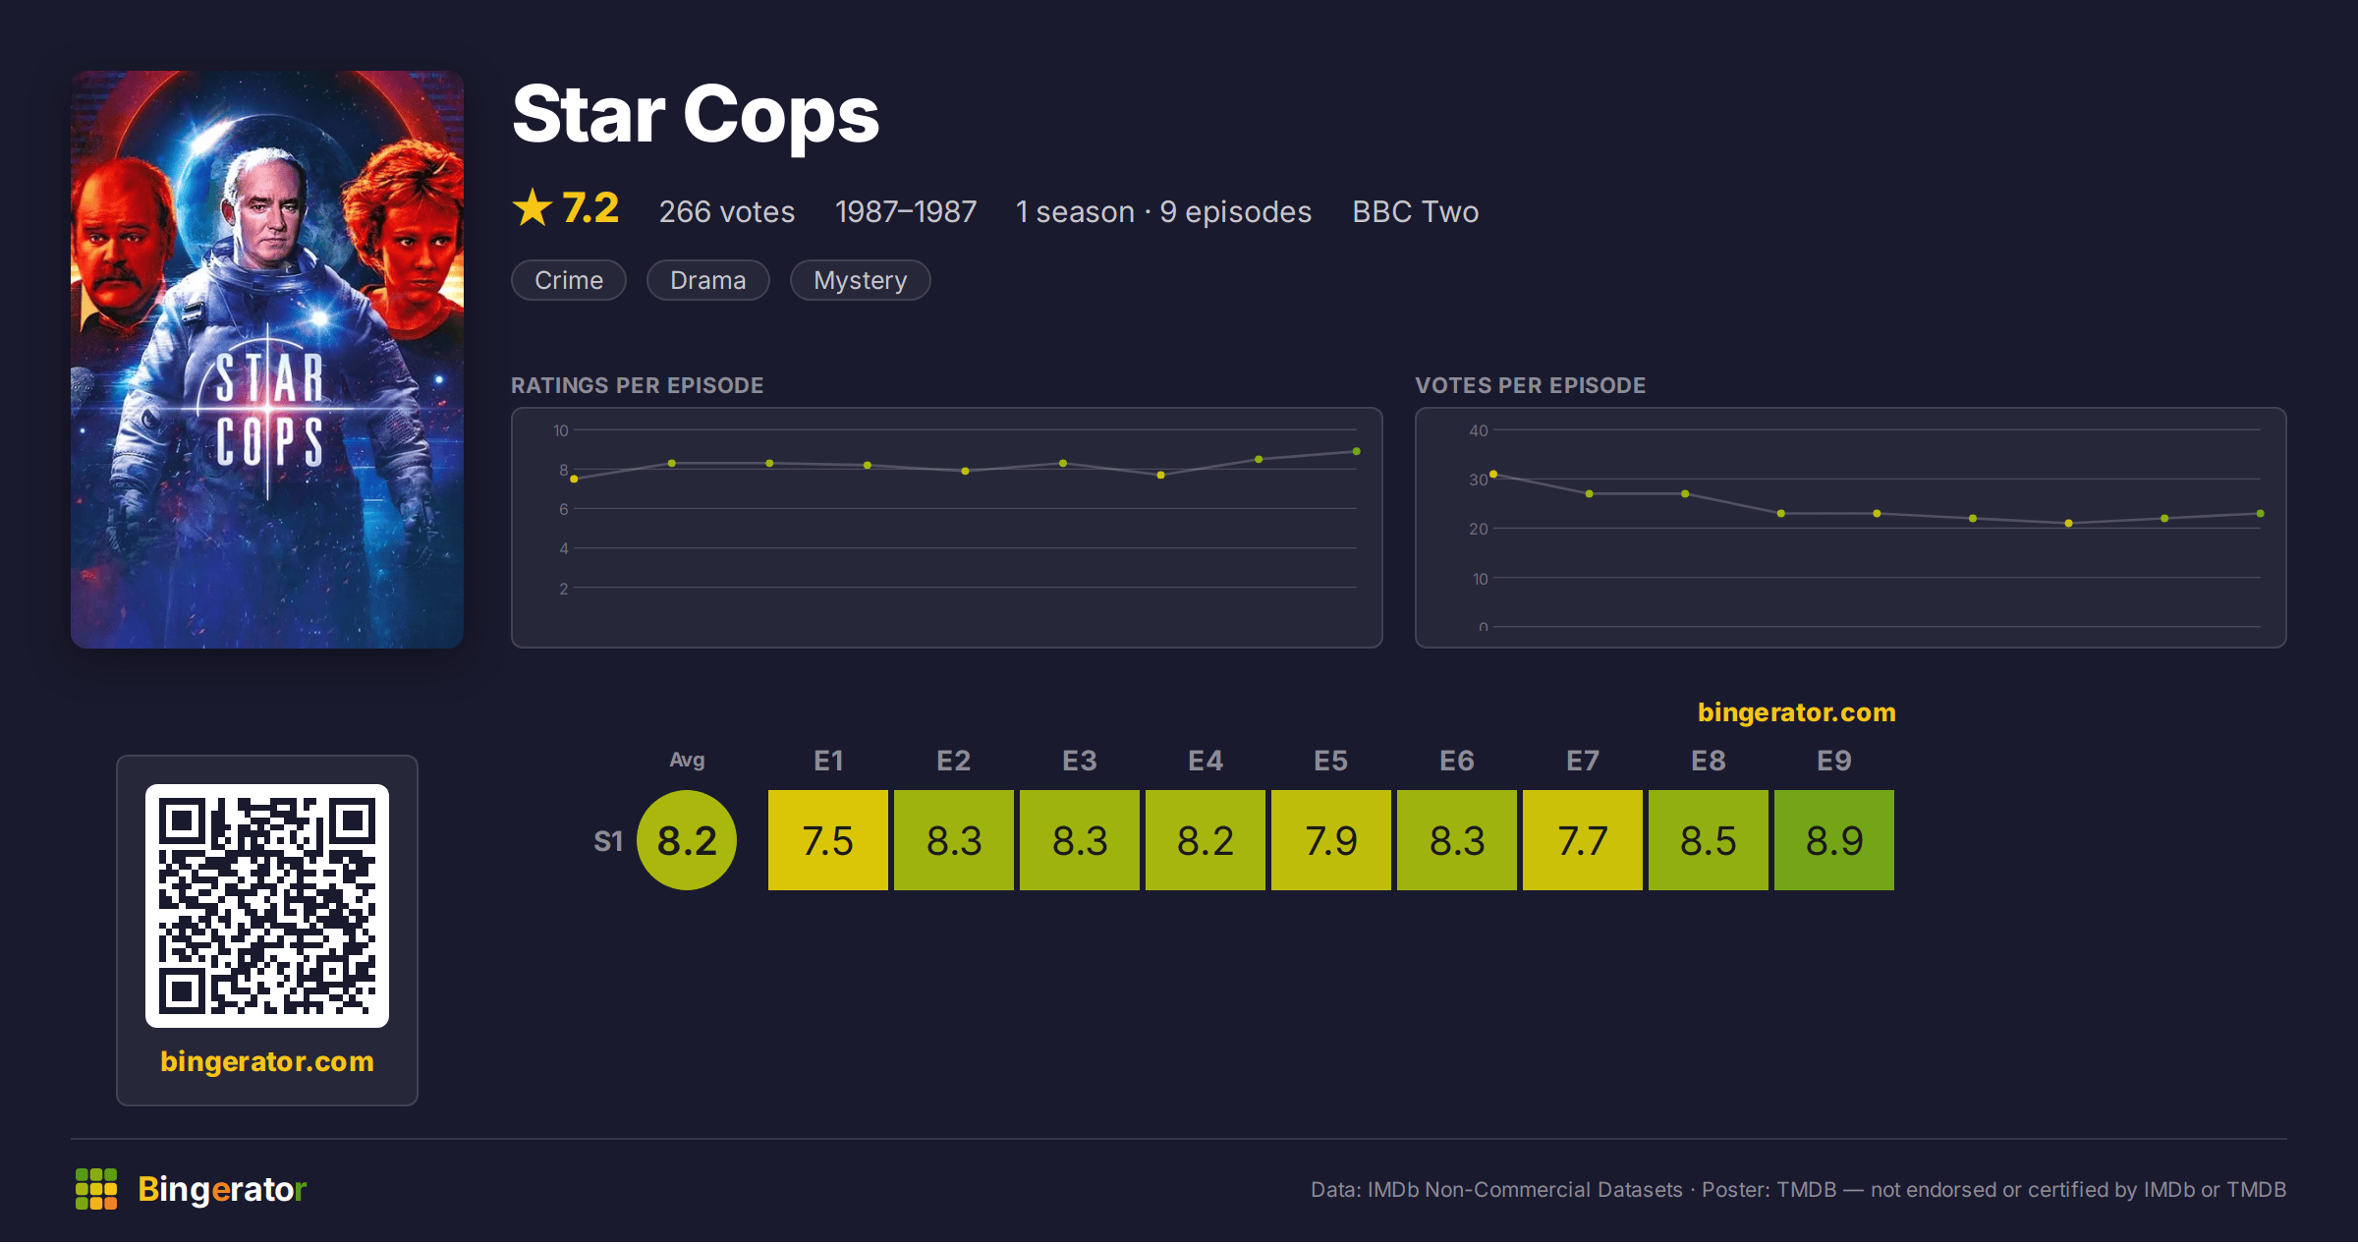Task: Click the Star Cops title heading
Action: click(696, 116)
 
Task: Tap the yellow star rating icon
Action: click(533, 207)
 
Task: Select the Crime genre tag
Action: click(569, 280)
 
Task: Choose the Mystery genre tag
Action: click(860, 280)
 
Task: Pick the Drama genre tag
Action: click(707, 280)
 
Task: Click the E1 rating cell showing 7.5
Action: click(828, 840)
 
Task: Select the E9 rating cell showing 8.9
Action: click(1834, 840)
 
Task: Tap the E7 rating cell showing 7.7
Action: click(1583, 840)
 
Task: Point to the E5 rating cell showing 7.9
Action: click(1331, 840)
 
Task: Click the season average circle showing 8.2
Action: click(687, 840)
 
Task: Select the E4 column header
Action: click(1206, 761)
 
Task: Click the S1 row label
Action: click(608, 841)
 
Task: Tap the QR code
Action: click(267, 906)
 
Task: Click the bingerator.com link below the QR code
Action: click(267, 1061)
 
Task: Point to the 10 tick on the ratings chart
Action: click(561, 430)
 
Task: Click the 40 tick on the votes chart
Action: click(1479, 430)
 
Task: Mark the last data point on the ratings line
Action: click(1357, 451)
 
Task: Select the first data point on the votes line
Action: click(1493, 475)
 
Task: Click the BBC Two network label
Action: click(1415, 212)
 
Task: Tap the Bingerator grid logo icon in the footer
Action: click(96, 1189)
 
